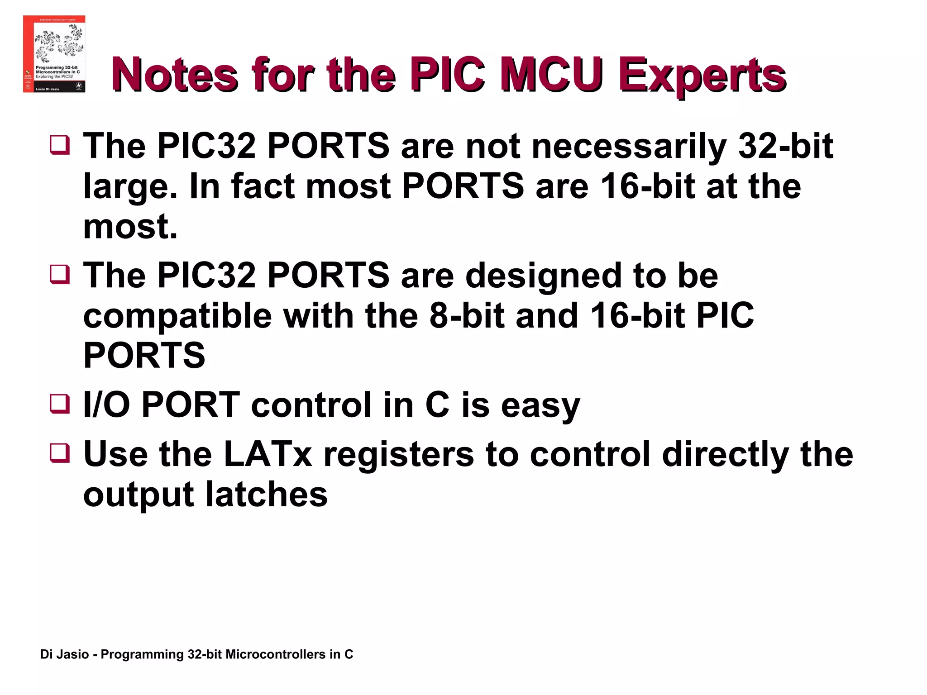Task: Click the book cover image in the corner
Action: click(x=54, y=54)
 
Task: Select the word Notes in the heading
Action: click(x=175, y=75)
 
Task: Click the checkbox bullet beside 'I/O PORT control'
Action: click(x=60, y=404)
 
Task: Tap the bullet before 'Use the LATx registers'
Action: click(x=60, y=453)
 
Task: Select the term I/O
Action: click(x=107, y=405)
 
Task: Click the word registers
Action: click(x=398, y=455)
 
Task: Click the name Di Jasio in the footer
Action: click(x=64, y=654)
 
